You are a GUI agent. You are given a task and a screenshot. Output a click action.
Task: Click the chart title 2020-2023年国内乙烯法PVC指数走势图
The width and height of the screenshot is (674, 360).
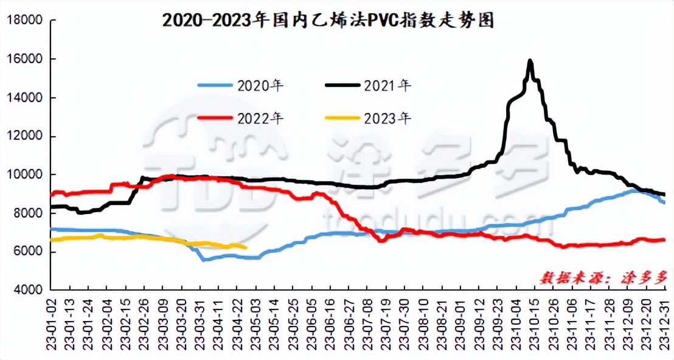tap(328, 21)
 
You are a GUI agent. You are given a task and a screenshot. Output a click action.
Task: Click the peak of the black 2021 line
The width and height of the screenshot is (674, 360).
tap(530, 61)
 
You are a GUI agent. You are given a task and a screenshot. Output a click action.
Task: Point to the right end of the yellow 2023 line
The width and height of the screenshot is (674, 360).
tap(246, 247)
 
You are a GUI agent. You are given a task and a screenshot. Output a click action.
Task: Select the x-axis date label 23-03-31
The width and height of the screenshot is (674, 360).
tap(201, 324)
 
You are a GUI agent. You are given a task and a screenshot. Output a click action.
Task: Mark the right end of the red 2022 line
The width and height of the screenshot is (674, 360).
tap(664, 240)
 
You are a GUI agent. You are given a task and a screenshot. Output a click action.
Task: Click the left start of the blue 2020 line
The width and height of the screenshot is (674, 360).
tap(51, 229)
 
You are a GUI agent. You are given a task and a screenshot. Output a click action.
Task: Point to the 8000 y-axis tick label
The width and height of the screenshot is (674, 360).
tap(26, 213)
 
